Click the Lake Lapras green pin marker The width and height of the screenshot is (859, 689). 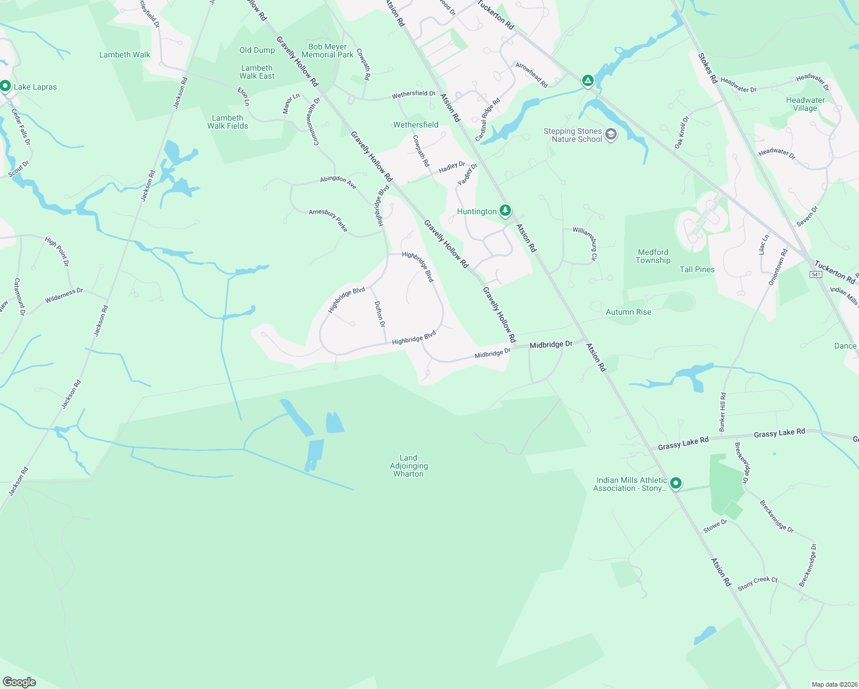(x=5, y=87)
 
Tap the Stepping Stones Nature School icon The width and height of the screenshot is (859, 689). (x=611, y=135)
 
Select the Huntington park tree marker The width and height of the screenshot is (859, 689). (x=505, y=211)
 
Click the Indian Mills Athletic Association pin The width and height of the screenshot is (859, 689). (x=676, y=483)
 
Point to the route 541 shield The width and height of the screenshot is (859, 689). (x=816, y=274)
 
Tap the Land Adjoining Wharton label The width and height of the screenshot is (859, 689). (x=409, y=466)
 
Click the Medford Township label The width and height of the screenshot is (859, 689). (x=653, y=256)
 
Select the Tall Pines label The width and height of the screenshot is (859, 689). (x=697, y=269)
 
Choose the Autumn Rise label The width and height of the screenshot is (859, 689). (x=628, y=312)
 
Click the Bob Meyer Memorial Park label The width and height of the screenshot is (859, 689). (x=327, y=51)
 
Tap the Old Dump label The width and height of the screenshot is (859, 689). (x=257, y=50)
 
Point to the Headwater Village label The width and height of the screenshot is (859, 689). (x=805, y=104)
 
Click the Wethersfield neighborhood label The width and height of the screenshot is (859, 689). (x=416, y=125)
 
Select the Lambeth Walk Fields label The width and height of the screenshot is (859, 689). (x=227, y=122)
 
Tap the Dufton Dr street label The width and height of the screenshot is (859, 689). (x=380, y=314)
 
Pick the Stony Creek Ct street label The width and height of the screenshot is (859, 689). (x=757, y=583)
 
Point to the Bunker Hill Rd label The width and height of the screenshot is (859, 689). (x=722, y=412)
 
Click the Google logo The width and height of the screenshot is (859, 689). (x=19, y=682)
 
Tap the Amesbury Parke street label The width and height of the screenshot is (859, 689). (x=328, y=220)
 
